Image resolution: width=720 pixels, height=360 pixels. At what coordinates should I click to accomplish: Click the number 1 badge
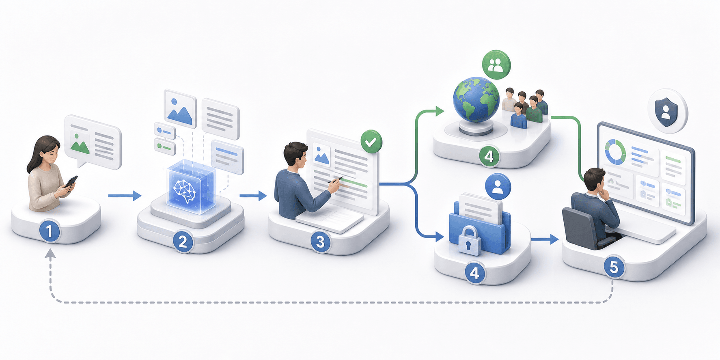[50, 232]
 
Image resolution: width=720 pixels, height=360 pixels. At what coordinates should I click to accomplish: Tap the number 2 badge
[183, 242]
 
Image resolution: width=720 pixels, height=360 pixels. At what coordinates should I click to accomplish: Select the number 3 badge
[321, 242]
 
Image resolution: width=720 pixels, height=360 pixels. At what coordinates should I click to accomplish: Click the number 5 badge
[614, 267]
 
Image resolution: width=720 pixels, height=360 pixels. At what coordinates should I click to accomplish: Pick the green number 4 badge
[489, 156]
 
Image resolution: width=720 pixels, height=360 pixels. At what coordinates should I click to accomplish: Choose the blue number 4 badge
[474, 273]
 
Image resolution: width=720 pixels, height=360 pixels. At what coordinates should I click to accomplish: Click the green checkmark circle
[371, 142]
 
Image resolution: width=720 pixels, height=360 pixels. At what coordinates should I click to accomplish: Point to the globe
[476, 99]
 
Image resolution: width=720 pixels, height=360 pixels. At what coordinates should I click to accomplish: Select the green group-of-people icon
[496, 65]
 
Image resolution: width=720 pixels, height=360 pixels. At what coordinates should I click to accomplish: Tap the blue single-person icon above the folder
[498, 186]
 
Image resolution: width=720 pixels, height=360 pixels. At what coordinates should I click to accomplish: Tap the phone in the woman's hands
[71, 182]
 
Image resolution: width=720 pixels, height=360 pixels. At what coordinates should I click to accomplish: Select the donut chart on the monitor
[615, 152]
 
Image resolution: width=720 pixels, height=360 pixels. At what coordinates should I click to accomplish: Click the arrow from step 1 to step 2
[125, 196]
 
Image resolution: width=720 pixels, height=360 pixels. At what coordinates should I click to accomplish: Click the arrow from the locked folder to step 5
[545, 239]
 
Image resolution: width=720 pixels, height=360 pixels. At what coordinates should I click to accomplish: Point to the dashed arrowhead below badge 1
[50, 254]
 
